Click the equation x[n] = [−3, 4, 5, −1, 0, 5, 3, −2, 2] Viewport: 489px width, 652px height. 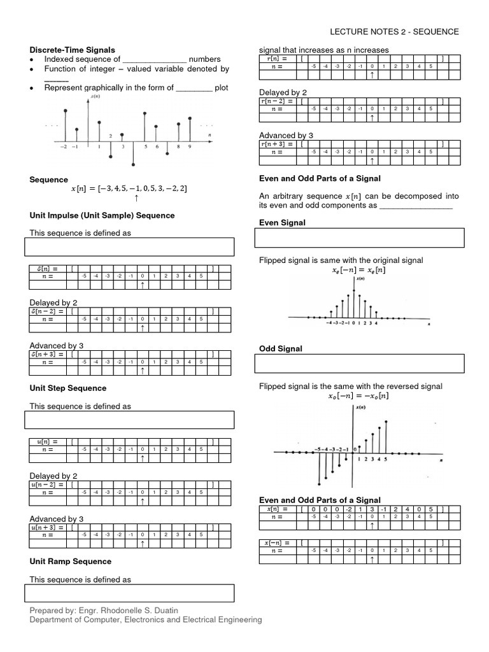[x=129, y=188]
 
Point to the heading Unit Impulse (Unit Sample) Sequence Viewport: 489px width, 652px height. [x=102, y=215]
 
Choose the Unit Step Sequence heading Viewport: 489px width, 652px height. [x=68, y=388]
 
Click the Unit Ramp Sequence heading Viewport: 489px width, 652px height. [x=71, y=561]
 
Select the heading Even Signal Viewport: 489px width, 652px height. [x=282, y=222]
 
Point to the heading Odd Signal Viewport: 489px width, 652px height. [x=281, y=348]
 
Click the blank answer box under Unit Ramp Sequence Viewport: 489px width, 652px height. [x=129, y=593]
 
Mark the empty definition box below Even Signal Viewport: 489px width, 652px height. [x=359, y=238]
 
